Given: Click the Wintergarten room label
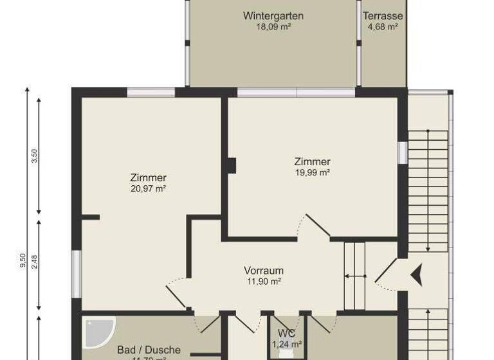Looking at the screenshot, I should (273, 16).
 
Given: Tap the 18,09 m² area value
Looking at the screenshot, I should (273, 27).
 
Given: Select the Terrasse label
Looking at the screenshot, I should (383, 16).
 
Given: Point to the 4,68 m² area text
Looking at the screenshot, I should (383, 27).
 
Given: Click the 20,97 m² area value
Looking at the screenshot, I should (148, 188).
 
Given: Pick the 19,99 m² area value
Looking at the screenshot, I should (313, 172).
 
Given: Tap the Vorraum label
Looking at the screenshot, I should (264, 271).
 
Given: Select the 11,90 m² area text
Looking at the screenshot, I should (264, 281).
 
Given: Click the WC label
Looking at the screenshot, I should (287, 333).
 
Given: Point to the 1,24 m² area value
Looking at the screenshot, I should (287, 344).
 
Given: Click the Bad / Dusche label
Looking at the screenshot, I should (149, 350).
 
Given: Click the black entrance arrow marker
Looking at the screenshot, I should (419, 275).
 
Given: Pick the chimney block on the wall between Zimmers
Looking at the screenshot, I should (231, 165).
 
